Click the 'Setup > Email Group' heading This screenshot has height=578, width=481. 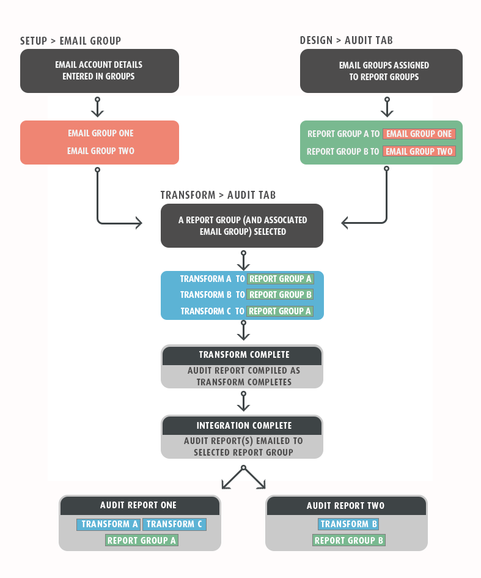click(x=70, y=40)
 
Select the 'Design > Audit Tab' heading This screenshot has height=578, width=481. click(x=346, y=40)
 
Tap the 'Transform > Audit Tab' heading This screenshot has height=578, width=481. click(x=218, y=195)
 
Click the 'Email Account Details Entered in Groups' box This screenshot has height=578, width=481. click(x=100, y=71)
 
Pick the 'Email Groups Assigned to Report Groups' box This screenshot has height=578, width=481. click(x=381, y=71)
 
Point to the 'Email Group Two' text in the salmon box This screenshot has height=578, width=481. click(x=101, y=150)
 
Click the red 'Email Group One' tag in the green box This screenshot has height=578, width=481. click(x=419, y=134)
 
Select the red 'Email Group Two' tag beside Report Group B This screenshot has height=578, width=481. click(x=419, y=152)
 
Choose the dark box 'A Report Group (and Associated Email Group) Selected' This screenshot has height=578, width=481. click(x=242, y=226)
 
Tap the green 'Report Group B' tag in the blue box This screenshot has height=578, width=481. click(x=281, y=295)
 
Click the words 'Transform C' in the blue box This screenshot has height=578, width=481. click(x=205, y=311)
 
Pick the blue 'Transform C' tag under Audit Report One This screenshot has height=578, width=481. click(x=174, y=524)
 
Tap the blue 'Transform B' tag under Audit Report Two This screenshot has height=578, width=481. click(x=348, y=524)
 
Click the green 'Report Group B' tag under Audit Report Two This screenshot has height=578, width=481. click(x=349, y=541)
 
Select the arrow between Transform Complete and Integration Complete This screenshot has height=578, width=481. click(x=243, y=401)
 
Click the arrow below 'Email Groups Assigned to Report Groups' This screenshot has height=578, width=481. click(x=387, y=107)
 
